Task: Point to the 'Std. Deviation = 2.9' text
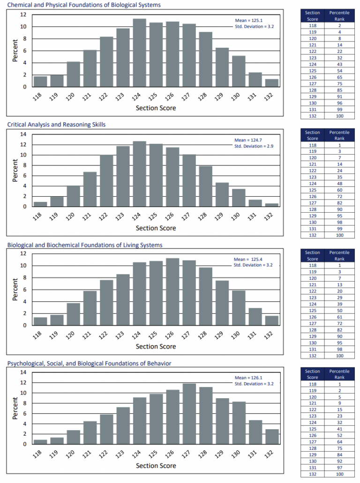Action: [x=254, y=146]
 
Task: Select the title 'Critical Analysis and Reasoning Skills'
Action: [x=56, y=125]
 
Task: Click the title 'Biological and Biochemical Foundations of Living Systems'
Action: [x=85, y=245]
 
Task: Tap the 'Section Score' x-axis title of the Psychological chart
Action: [x=156, y=466]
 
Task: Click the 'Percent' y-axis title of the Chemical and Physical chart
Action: [x=15, y=51]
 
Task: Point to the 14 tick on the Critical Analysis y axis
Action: [x=22, y=134]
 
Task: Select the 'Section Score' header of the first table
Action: [x=312, y=16]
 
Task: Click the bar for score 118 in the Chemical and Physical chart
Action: [x=40, y=82]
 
